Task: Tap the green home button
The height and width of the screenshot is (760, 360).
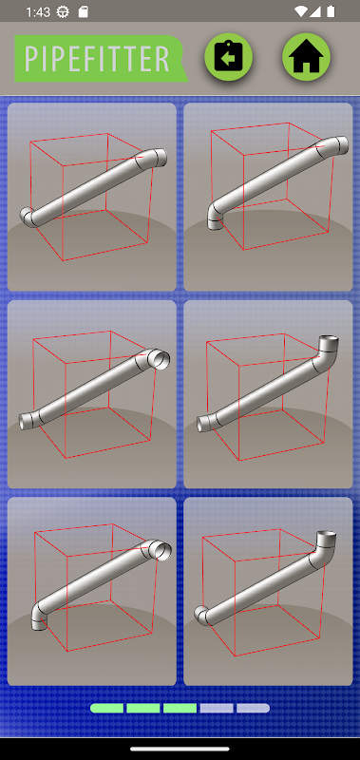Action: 306,57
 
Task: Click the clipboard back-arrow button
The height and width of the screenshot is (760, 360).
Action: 229,57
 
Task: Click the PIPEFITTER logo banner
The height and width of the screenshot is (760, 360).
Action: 101,59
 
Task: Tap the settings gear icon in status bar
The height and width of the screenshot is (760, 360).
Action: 63,11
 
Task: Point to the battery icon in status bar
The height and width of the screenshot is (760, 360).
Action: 331,11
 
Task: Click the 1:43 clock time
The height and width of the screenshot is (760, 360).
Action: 37,12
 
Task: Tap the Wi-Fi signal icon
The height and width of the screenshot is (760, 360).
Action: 300,11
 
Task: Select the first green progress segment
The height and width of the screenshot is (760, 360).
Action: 106,708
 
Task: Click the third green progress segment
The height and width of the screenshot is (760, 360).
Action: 180,708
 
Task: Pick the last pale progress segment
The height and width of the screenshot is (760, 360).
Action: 253,708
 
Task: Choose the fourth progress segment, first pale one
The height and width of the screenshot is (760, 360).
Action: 217,708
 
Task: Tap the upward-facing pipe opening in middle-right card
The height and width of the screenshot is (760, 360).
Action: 329,338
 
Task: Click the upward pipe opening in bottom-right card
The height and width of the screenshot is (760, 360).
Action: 327,535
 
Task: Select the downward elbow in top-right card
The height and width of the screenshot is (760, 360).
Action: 216,217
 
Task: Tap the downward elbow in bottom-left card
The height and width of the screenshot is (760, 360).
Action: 39,617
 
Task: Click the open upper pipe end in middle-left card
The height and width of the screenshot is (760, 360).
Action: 159,359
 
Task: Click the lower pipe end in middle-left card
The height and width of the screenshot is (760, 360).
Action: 25,422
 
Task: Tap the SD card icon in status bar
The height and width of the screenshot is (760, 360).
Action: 84,11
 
